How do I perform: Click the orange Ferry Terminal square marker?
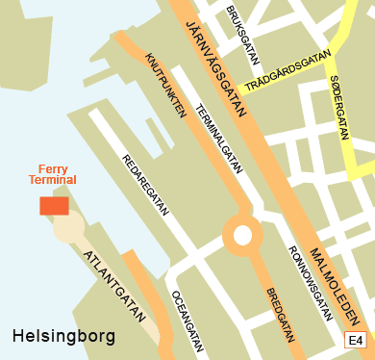(x=54, y=205)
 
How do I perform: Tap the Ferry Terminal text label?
(x=51, y=174)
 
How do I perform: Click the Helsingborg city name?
(x=63, y=337)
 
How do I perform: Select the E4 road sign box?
(x=356, y=340)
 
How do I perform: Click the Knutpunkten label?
(x=164, y=84)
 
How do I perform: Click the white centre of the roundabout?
(x=241, y=235)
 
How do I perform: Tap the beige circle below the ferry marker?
(x=68, y=228)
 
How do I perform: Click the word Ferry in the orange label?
(x=51, y=167)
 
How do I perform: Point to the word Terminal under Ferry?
(x=51, y=180)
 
